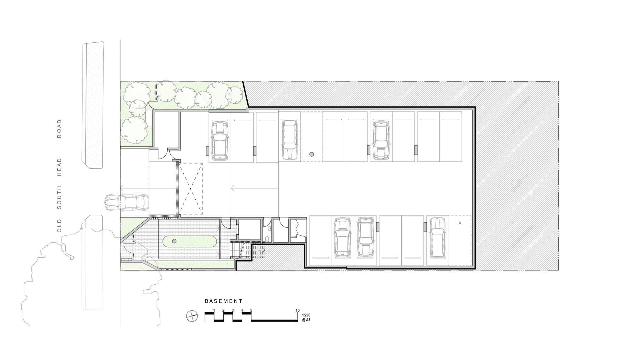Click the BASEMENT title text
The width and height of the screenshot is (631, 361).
point(224,301)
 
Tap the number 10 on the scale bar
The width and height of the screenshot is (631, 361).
point(298,310)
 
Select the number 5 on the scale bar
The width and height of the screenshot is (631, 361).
point(251,310)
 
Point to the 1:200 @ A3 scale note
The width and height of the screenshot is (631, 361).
point(306,317)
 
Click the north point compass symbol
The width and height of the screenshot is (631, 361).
point(192,316)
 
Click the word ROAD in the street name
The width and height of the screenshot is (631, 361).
point(59,129)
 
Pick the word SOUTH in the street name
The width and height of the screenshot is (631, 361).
point(59,197)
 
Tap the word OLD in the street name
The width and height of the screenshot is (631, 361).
point(59,226)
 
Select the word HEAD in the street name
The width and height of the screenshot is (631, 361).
point(59,167)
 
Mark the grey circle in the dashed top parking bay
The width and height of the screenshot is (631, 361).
point(312,154)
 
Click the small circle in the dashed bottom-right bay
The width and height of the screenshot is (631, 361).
point(460,223)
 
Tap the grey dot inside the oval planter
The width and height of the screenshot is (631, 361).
point(174,241)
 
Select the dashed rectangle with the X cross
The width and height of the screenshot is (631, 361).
point(191,189)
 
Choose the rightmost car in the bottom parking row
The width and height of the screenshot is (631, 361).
point(437,237)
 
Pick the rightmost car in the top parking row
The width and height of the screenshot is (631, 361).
point(381,140)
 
